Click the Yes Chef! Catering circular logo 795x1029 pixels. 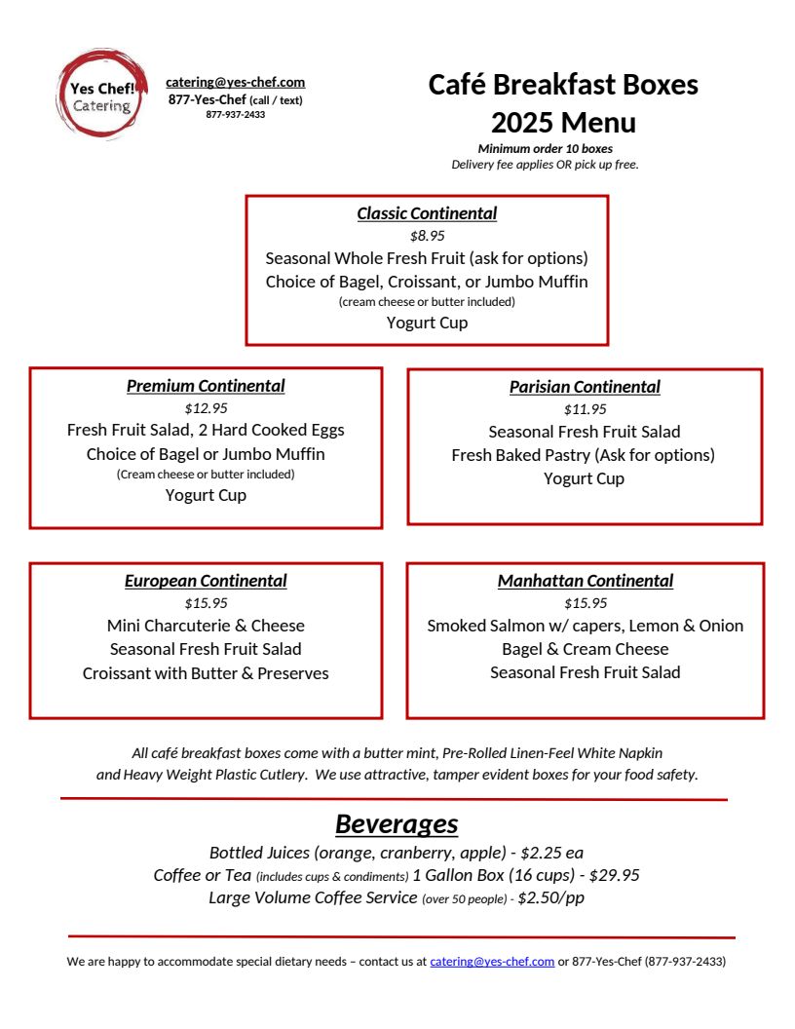[101, 95]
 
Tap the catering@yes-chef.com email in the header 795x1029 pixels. [235, 83]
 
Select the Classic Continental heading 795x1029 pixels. [427, 213]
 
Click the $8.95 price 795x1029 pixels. [427, 236]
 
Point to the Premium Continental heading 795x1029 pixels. [206, 386]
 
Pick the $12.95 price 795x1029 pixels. [206, 408]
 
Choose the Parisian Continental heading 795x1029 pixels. [585, 387]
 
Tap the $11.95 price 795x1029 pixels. [585, 409]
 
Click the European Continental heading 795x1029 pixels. [206, 581]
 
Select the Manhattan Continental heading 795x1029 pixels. [586, 581]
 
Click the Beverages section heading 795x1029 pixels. [397, 823]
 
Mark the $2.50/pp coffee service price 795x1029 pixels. [550, 897]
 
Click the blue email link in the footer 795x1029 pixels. [492, 962]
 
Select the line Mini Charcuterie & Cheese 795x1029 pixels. [206, 626]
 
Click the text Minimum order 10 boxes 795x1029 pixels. [545, 149]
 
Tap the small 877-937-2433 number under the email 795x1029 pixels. [235, 114]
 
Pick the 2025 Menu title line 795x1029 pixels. [563, 123]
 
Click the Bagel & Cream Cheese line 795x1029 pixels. [585, 649]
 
